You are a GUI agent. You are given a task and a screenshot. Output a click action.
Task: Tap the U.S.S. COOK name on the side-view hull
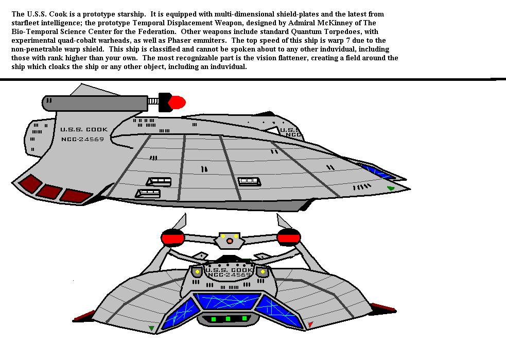84,129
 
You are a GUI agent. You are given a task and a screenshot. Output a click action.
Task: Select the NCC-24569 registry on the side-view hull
82,139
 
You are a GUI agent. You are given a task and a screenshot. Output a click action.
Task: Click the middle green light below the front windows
228,319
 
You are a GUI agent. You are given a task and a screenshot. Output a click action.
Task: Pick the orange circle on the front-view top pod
230,241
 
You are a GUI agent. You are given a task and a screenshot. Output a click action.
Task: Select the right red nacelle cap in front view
289,237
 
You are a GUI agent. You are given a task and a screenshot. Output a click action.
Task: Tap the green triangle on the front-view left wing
151,329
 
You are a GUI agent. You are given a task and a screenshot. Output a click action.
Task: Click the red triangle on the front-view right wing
310,324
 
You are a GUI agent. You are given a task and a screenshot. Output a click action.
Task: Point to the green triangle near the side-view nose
391,188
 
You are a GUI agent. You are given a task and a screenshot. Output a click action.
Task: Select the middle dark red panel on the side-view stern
49,192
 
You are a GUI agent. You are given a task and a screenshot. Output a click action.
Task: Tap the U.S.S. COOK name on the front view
229,270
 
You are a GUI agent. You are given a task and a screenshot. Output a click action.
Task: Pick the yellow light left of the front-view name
197,272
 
